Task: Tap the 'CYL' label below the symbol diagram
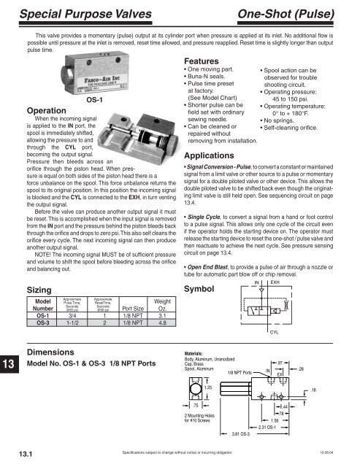click(x=275, y=309)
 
